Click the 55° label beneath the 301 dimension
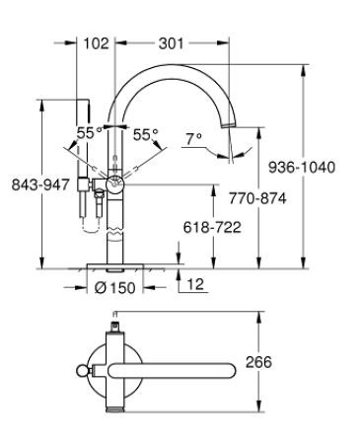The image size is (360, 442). pos(145,132)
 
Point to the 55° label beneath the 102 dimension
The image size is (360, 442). pos(90,132)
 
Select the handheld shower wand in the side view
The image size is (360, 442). pos(82,158)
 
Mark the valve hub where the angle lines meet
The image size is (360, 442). pos(116,182)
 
